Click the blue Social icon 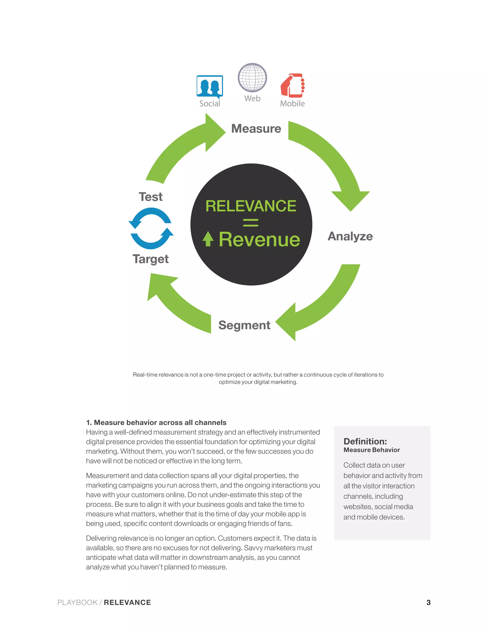pyautogui.click(x=210, y=86)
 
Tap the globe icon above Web pyautogui.click(x=252, y=77)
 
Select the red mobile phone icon pyautogui.click(x=293, y=85)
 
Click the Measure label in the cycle pyautogui.click(x=256, y=129)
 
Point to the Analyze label pyautogui.click(x=350, y=236)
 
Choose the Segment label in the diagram pyautogui.click(x=244, y=325)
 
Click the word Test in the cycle pyautogui.click(x=151, y=197)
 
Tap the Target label pyautogui.click(x=151, y=259)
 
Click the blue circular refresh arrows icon pyautogui.click(x=151, y=228)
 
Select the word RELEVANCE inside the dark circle pyautogui.click(x=251, y=206)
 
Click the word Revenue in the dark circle pyautogui.click(x=259, y=240)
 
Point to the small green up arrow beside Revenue pyautogui.click(x=208, y=239)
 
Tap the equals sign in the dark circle pyautogui.click(x=251, y=223)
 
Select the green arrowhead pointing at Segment pyautogui.click(x=286, y=322)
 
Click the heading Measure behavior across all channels pyautogui.click(x=156, y=423)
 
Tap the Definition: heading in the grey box pyautogui.click(x=365, y=441)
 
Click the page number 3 pyautogui.click(x=428, y=602)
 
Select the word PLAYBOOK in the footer pyautogui.click(x=77, y=602)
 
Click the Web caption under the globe pyautogui.click(x=252, y=98)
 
